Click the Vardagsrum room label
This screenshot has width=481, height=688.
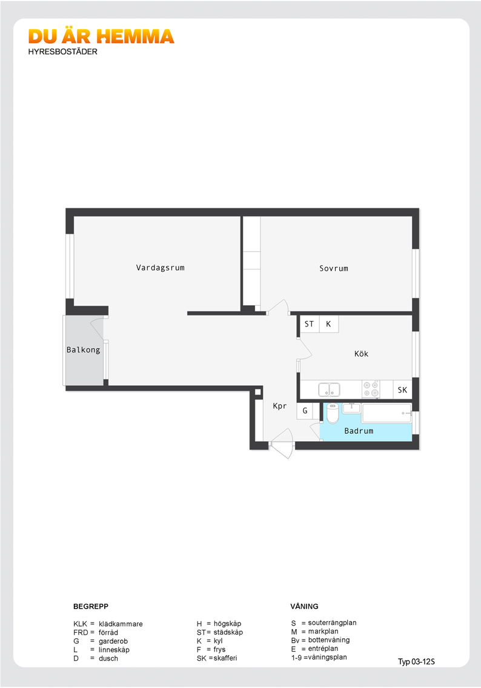click(x=161, y=268)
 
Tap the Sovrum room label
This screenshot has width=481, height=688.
click(x=334, y=269)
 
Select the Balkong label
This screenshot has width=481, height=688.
click(x=83, y=349)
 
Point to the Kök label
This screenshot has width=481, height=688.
click(x=362, y=354)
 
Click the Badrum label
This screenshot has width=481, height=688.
click(x=359, y=431)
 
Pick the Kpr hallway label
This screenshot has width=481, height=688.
click(x=280, y=406)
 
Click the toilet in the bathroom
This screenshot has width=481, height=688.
click(x=333, y=413)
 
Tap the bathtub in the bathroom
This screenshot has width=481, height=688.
click(x=387, y=413)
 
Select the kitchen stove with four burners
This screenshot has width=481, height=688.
click(x=371, y=389)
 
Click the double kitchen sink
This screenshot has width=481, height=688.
click(x=329, y=389)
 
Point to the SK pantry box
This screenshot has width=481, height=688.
click(x=403, y=390)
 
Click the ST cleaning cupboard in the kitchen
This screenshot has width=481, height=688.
click(x=310, y=324)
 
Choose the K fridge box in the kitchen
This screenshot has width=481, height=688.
click(x=328, y=324)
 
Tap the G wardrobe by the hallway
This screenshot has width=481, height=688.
click(x=305, y=411)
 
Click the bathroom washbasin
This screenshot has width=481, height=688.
click(x=351, y=408)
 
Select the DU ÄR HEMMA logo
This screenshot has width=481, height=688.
click(x=101, y=36)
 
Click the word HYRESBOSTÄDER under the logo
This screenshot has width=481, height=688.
click(x=62, y=52)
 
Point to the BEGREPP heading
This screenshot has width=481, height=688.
click(x=91, y=606)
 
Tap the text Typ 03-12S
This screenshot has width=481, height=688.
click(x=416, y=662)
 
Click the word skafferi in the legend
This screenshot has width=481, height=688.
click(x=225, y=658)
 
